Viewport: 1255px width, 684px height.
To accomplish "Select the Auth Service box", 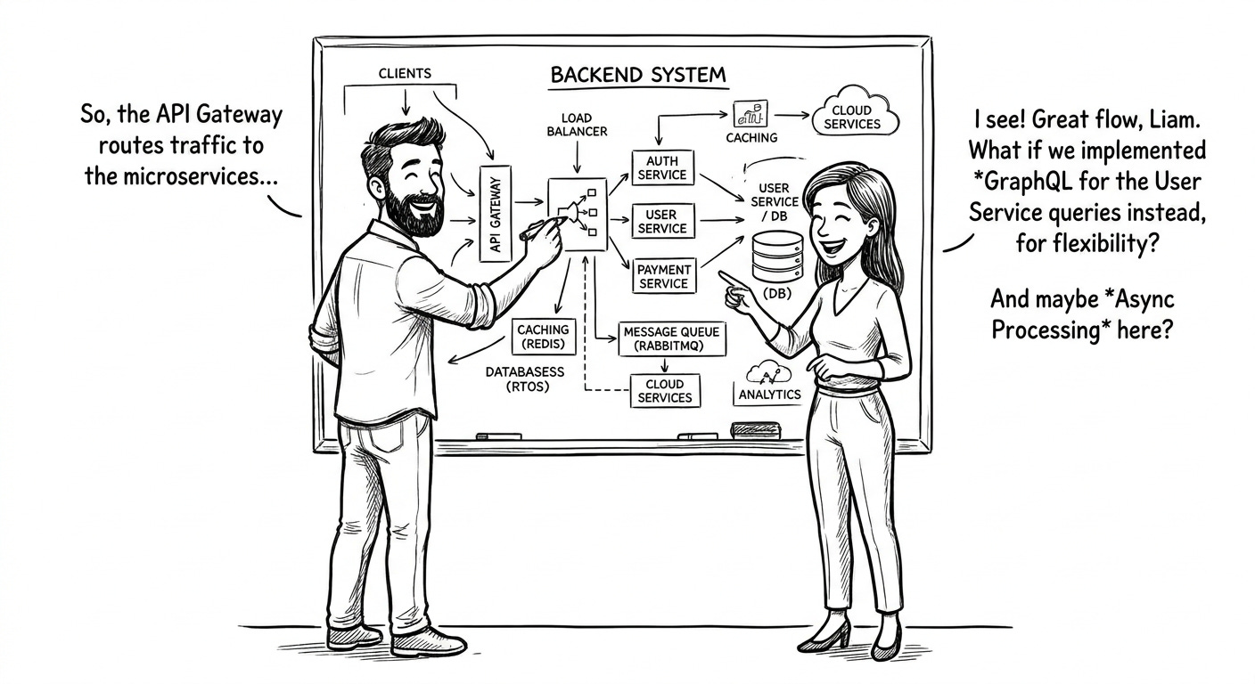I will point(661,167).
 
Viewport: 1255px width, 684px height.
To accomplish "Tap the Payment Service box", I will point(663,275).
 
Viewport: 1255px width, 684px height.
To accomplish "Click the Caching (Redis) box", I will point(543,337).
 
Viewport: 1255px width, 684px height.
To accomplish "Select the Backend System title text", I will point(638,75).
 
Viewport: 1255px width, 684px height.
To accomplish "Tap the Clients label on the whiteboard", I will point(405,74).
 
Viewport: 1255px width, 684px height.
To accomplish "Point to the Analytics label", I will point(770,394).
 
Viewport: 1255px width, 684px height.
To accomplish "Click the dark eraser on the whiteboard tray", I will point(755,430).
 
